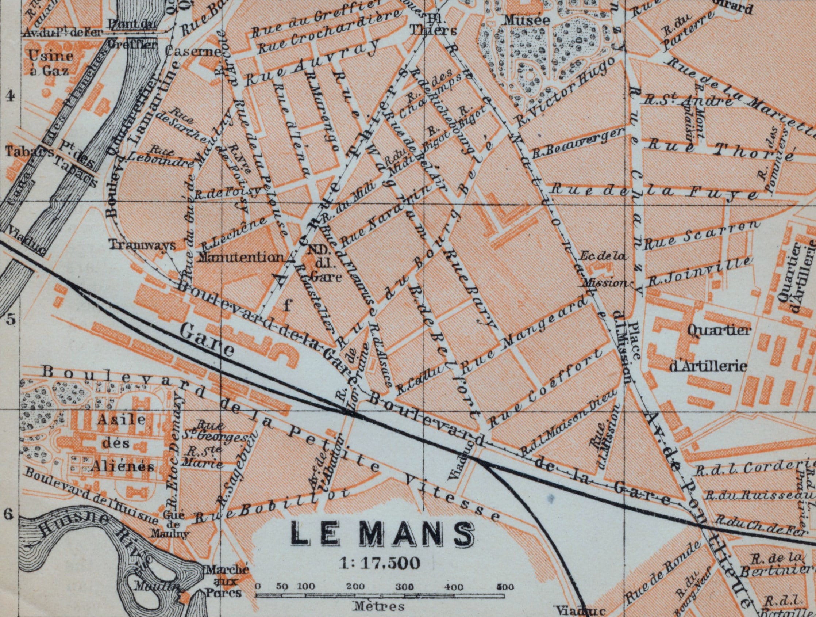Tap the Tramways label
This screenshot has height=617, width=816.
[142, 244]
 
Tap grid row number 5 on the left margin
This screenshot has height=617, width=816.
[11, 319]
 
